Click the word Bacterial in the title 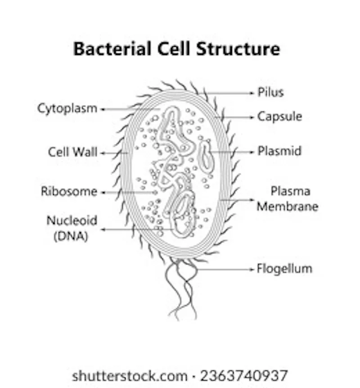point(112,49)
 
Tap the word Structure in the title point(238,49)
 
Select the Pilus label point(271,92)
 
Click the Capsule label point(279,117)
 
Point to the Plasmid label point(279,151)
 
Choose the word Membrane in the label point(288,206)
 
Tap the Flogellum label point(284,269)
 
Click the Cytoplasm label point(67,108)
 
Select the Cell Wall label point(73,152)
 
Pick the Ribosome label point(69,191)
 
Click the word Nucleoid point(72,221)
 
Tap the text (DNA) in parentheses point(71,236)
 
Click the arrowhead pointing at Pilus point(252,93)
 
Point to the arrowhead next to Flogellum point(252,269)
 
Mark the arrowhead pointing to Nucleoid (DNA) point(103,230)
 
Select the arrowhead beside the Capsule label point(252,117)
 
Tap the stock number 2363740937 point(244,376)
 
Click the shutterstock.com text point(130,376)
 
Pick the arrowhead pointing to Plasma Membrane point(252,200)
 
